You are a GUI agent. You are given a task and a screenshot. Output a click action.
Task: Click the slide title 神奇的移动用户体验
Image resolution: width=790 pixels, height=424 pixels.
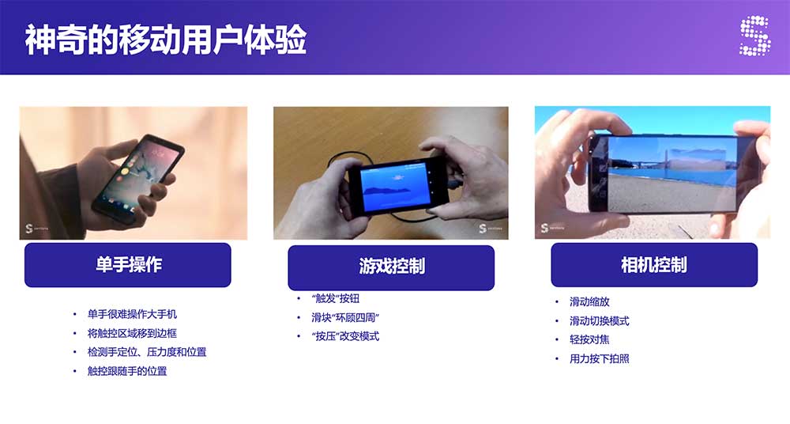(166, 39)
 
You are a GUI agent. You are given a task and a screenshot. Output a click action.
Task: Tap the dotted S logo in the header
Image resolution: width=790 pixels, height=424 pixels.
(754, 36)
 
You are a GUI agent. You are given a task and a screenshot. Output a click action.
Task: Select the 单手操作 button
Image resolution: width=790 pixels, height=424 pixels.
(128, 265)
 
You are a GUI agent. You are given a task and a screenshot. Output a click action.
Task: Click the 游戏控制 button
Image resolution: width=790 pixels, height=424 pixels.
(391, 267)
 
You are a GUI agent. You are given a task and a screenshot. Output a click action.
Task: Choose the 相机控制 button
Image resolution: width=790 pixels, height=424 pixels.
(654, 265)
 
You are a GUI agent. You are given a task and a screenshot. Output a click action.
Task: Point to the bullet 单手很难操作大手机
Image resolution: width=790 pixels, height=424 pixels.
(132, 314)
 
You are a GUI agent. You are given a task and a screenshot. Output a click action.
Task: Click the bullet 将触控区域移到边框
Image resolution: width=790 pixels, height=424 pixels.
(132, 333)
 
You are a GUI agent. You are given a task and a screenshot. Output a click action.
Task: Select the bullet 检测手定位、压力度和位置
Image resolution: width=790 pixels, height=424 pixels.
(147, 352)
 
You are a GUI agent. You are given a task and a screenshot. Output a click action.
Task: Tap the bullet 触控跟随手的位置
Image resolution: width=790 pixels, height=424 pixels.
(127, 371)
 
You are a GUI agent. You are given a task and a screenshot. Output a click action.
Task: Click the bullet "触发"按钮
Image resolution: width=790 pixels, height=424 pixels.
(335, 298)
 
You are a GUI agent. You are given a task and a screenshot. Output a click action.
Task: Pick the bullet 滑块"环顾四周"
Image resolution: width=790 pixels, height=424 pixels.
(345, 317)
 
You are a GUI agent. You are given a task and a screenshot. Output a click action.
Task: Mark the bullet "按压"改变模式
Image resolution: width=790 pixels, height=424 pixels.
(345, 336)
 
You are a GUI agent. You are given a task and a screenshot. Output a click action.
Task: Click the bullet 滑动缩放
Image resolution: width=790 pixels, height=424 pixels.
(589, 302)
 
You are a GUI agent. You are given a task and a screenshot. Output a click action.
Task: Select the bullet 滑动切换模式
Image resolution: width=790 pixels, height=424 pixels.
(600, 321)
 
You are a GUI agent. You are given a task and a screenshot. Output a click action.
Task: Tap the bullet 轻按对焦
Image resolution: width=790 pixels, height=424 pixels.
(589, 339)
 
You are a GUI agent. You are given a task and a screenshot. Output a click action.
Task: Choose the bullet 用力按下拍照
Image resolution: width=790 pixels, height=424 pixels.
(600, 359)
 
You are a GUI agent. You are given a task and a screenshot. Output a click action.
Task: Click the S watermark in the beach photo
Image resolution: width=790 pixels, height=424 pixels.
(544, 228)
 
